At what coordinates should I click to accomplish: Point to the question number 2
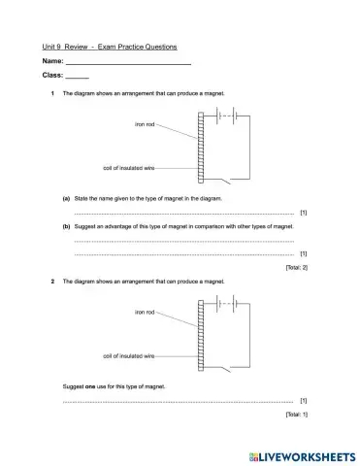(x=51, y=282)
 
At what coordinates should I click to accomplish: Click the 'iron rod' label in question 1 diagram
(x=145, y=124)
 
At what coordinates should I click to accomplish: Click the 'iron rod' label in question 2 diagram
(x=145, y=312)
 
